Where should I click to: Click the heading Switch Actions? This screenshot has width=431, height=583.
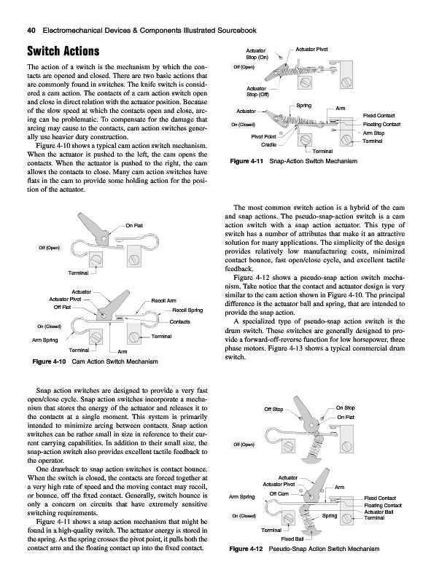pyautogui.click(x=63, y=51)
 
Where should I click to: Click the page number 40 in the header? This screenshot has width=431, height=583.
pyautogui.click(x=31, y=31)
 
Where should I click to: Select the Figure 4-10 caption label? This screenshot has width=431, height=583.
pyautogui.click(x=49, y=361)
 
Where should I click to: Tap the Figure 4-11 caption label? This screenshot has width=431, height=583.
pyautogui.click(x=246, y=161)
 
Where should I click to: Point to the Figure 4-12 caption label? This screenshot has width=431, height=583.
pyautogui.click(x=246, y=549)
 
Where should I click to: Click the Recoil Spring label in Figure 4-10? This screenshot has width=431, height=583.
pyautogui.click(x=187, y=310)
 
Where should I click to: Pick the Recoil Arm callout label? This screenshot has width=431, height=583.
pyautogui.click(x=164, y=300)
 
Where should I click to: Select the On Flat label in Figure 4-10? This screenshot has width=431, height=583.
pyautogui.click(x=134, y=225)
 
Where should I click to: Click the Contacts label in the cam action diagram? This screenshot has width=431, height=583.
pyautogui.click(x=180, y=321)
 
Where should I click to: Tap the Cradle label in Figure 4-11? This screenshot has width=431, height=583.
pyautogui.click(x=268, y=144)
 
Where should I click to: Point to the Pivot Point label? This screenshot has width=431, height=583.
pyautogui.click(x=263, y=136)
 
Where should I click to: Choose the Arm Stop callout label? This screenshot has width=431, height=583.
pyautogui.click(x=373, y=133)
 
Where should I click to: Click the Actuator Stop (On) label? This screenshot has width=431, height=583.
pyautogui.click(x=257, y=54)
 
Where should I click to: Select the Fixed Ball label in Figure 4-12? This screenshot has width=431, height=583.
pyautogui.click(x=292, y=539)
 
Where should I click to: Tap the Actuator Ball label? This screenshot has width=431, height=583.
pyautogui.click(x=378, y=512)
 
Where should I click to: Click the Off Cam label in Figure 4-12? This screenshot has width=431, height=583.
pyautogui.click(x=279, y=494)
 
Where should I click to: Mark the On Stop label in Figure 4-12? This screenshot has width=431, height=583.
pyautogui.click(x=346, y=407)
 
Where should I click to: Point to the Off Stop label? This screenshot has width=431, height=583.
pyautogui.click(x=273, y=409)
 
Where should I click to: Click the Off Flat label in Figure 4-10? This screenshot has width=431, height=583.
pyautogui.click(x=62, y=307)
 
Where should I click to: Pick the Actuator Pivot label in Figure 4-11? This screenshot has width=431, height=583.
pyautogui.click(x=311, y=49)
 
